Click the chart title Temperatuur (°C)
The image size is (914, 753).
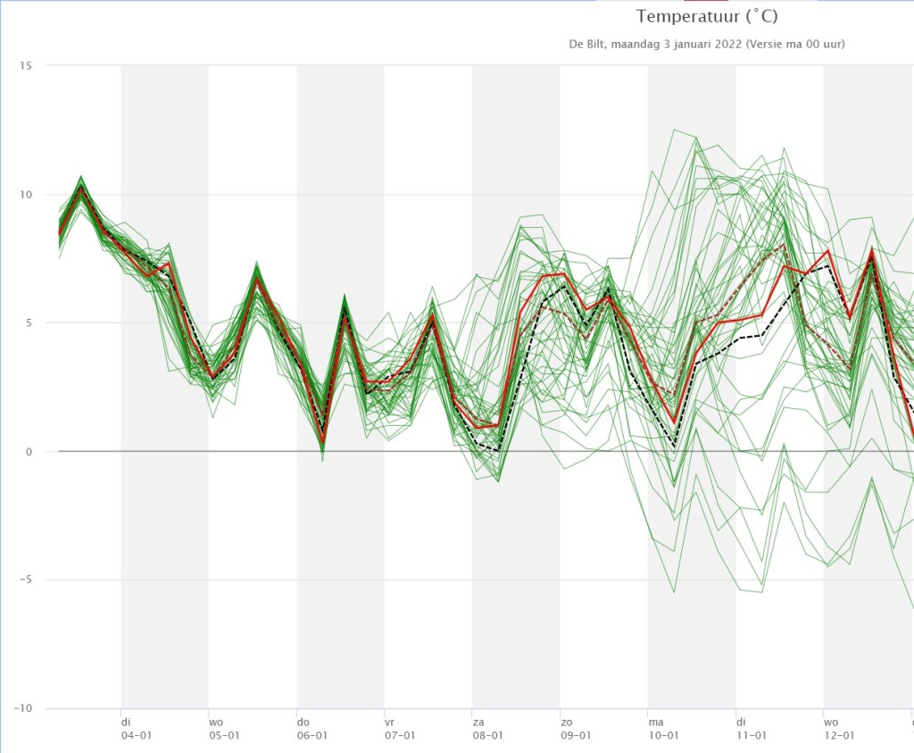(707, 16)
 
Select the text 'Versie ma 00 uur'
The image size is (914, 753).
(795, 44)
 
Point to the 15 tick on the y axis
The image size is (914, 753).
(25, 65)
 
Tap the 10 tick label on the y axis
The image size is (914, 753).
(25, 194)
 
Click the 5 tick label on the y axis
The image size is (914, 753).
(28, 322)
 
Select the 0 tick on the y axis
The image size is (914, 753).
(29, 451)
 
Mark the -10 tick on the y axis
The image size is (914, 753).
(22, 708)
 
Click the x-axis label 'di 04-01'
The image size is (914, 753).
(136, 729)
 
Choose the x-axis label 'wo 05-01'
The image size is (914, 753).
(224, 729)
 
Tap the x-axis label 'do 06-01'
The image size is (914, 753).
(312, 729)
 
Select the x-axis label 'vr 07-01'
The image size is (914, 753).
(399, 729)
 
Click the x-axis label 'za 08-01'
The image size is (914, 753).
(487, 729)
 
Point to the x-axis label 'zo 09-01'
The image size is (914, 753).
(576, 729)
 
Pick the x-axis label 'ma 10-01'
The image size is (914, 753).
(663, 729)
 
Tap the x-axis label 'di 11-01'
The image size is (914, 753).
(752, 729)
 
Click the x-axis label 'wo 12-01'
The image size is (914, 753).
(839, 729)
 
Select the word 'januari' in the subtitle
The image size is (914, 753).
(693, 44)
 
